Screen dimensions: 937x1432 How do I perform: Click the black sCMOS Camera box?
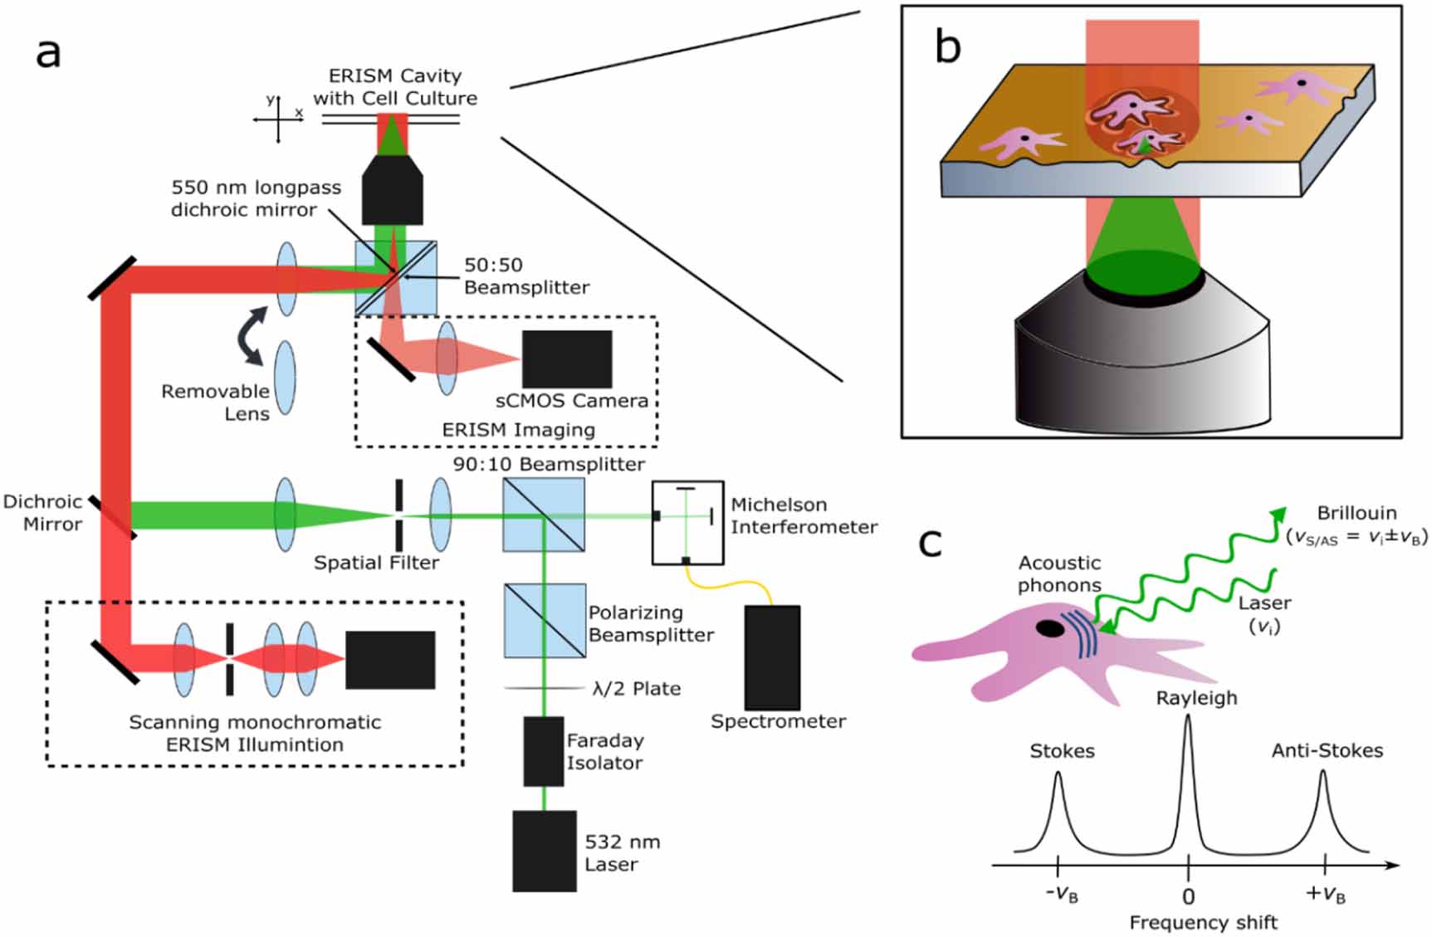tap(567, 359)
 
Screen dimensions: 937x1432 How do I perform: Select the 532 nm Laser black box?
tap(544, 851)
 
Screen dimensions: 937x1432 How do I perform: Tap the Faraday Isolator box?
tap(543, 751)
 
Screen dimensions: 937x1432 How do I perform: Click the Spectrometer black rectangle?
tap(772, 656)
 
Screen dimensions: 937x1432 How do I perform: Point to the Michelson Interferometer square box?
tap(687, 523)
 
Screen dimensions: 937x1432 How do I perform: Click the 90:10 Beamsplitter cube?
tap(544, 515)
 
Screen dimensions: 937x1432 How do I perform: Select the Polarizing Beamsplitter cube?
tap(544, 621)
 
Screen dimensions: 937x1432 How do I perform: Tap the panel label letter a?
tap(48, 54)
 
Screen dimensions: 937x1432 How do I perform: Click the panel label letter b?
tap(947, 46)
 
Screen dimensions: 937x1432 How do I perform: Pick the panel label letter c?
tap(931, 544)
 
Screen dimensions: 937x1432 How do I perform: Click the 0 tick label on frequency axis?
tap(1188, 896)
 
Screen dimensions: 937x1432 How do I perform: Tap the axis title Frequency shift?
tap(1203, 922)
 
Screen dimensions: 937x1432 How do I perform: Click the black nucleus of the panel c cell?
tap(1050, 628)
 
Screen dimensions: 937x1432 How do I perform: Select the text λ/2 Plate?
tap(636, 689)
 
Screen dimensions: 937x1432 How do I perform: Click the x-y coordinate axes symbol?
tap(278, 119)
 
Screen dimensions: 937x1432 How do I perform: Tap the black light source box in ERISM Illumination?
tap(390, 660)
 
